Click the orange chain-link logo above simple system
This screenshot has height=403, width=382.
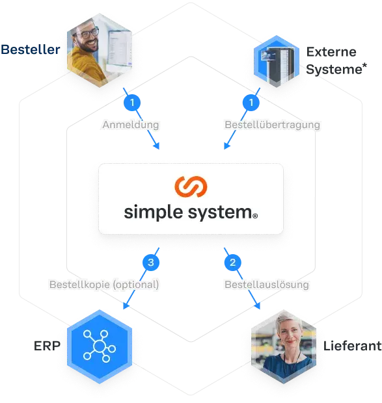tap(191, 187)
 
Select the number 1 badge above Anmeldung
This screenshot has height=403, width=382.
tap(133, 103)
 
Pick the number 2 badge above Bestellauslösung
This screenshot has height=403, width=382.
tap(232, 263)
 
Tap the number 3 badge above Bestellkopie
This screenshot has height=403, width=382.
tap(151, 263)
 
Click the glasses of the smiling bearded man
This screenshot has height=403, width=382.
tap(90, 33)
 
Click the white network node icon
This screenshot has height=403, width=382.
tap(99, 344)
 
